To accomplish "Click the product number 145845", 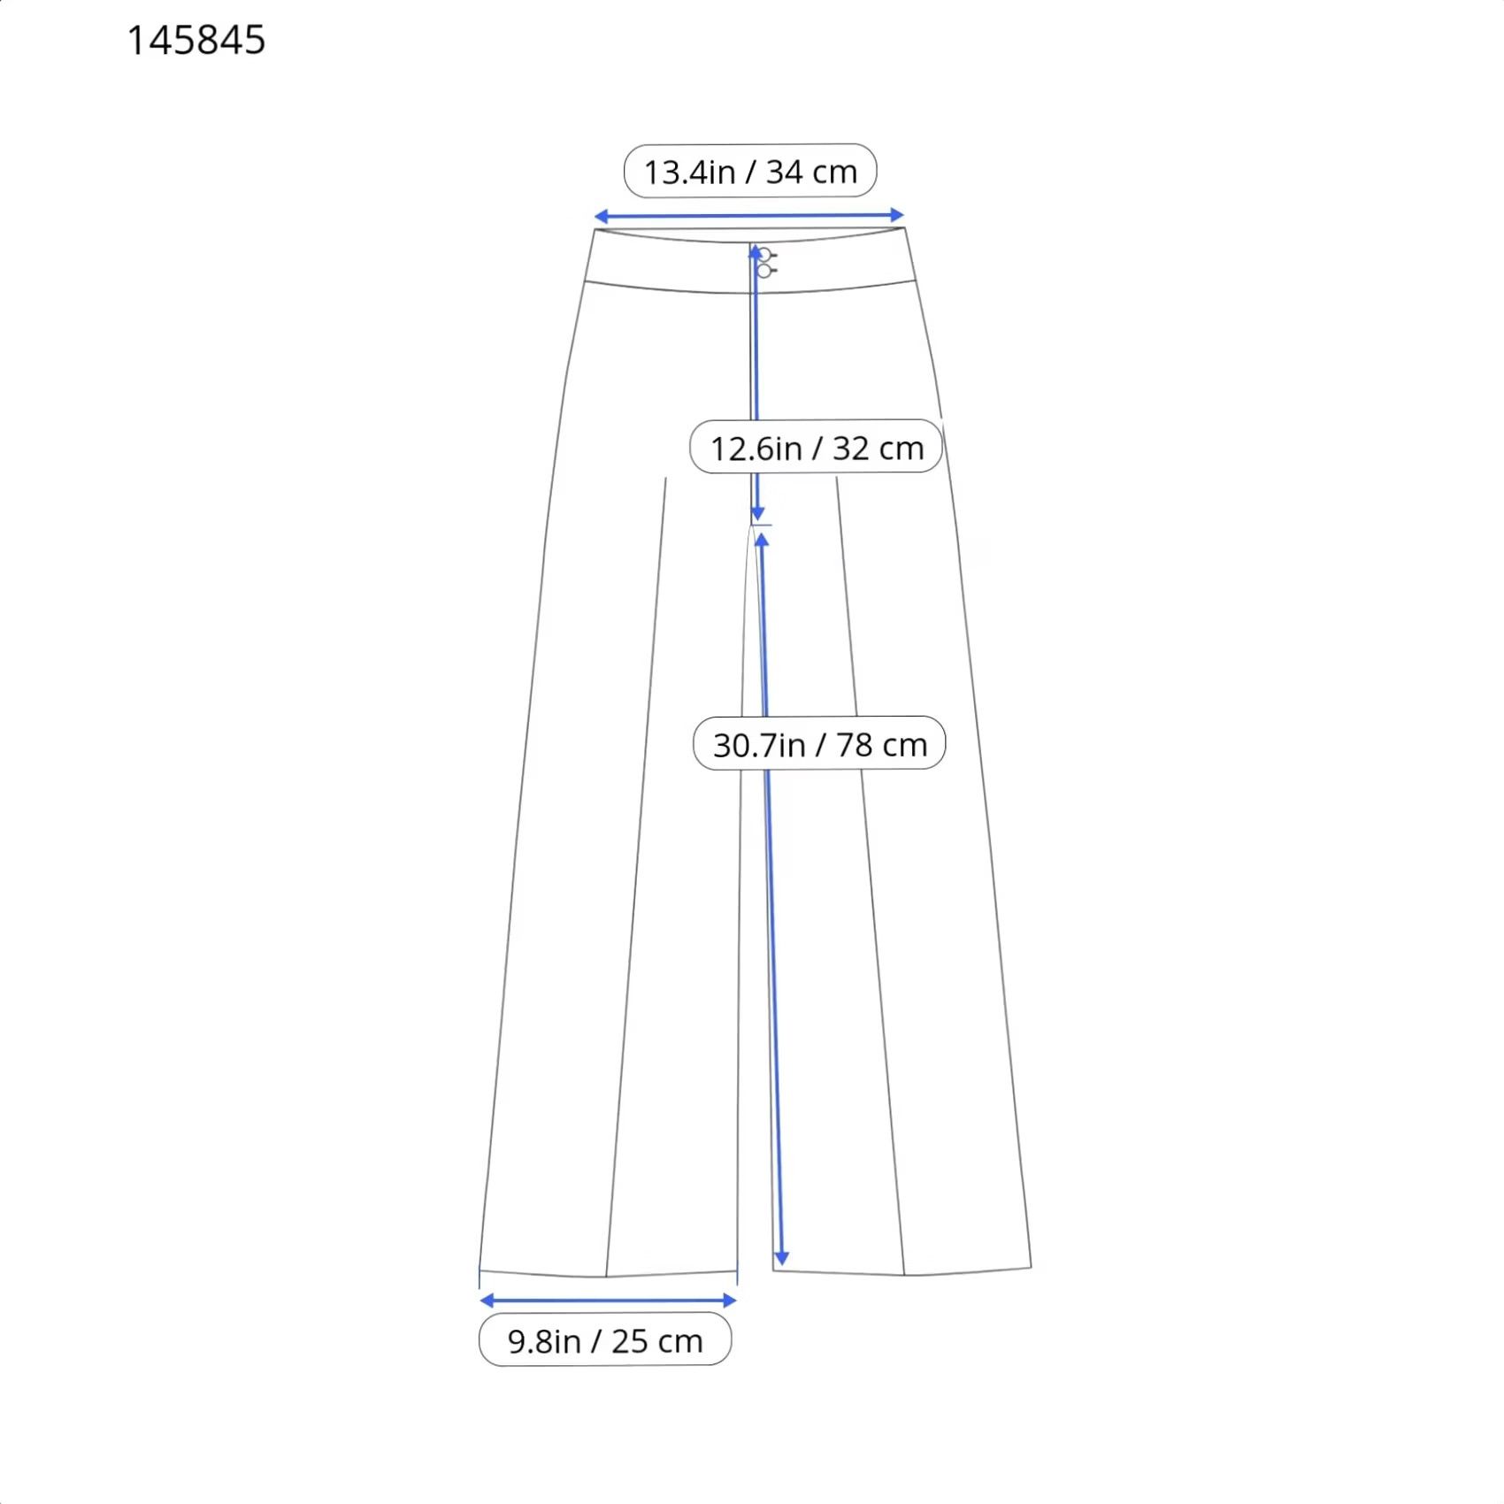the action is (196, 41).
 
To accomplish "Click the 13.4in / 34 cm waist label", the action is (750, 171).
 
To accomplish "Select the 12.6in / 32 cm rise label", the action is (816, 447).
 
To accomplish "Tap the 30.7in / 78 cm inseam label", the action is (819, 743).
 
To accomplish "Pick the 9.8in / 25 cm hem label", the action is (605, 1340).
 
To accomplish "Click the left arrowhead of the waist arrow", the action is (601, 217).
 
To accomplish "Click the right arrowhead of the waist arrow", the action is (897, 215).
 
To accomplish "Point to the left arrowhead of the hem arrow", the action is (487, 1300).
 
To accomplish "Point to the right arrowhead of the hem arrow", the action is (730, 1300).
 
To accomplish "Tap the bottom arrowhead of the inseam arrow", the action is (781, 1258).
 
